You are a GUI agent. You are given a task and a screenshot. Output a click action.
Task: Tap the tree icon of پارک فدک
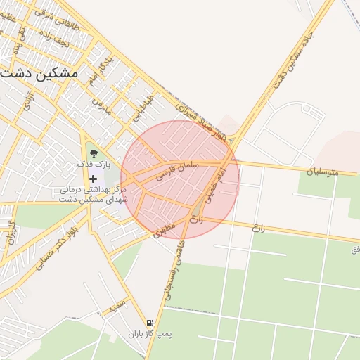point(92,152)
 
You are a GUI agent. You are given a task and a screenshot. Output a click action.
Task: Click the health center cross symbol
point(92,179)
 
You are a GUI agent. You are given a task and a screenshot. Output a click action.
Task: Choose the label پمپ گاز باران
point(150,335)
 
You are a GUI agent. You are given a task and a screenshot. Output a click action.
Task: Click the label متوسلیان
point(323,171)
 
